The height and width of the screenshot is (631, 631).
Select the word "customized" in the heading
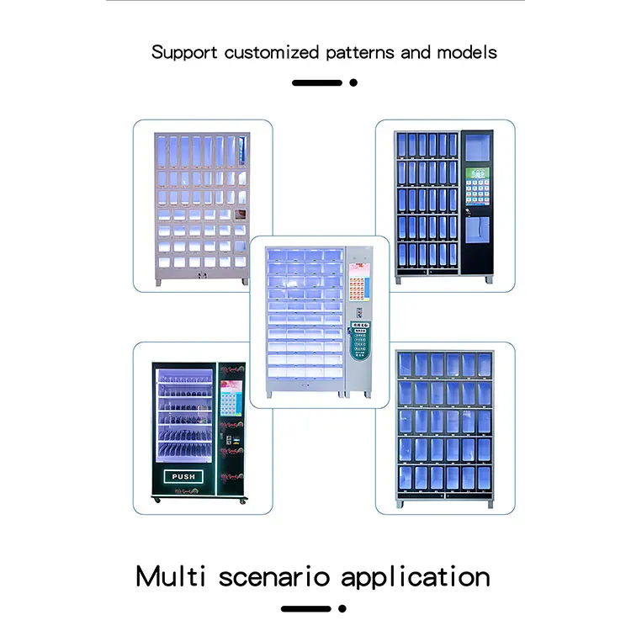(x=265, y=52)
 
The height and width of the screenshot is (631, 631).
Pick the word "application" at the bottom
(x=416, y=577)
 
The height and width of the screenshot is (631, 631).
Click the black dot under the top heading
(x=353, y=82)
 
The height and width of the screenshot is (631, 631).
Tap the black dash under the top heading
(x=317, y=82)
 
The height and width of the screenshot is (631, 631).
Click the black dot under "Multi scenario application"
(x=342, y=608)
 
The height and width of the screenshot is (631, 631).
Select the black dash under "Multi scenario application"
(x=306, y=608)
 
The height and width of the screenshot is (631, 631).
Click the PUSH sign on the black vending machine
(x=183, y=477)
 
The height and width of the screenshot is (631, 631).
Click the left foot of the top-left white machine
(x=158, y=283)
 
